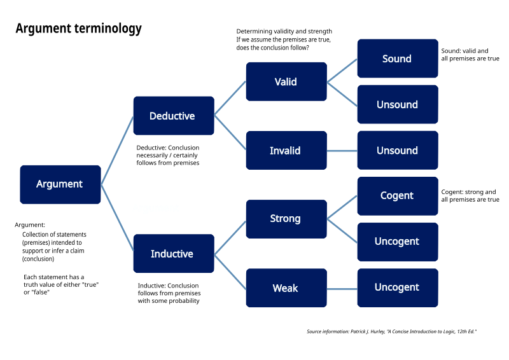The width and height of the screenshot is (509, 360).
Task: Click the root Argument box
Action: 60,184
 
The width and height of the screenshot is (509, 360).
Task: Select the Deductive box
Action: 173,116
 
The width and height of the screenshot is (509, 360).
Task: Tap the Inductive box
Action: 173,254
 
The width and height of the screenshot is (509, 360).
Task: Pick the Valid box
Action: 286,81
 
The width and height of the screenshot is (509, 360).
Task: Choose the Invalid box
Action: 286,151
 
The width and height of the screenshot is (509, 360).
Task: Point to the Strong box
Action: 286,219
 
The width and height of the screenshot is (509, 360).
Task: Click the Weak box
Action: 286,288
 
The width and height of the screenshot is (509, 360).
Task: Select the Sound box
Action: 397,59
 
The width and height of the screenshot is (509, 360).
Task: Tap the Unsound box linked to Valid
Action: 397,104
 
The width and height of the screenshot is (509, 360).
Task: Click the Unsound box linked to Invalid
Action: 397,151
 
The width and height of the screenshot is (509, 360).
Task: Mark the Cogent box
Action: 397,196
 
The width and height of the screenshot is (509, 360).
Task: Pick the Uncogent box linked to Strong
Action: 397,242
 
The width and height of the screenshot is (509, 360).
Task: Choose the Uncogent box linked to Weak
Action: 397,287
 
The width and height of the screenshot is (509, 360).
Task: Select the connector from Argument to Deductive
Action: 117,150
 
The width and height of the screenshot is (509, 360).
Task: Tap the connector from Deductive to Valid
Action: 230,98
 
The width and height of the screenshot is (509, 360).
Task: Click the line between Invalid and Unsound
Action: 342,151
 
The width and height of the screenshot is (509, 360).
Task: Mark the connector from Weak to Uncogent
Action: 342,289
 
